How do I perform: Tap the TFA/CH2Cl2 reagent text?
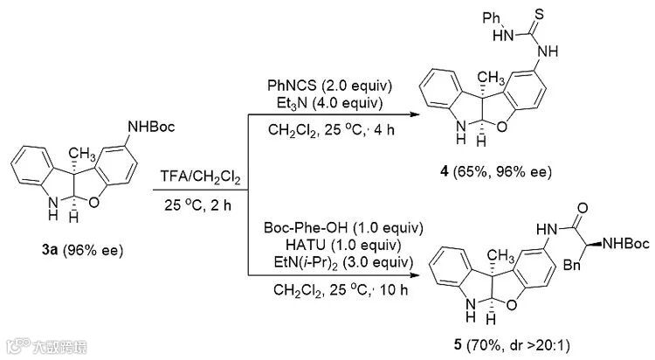[x=200, y=178]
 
